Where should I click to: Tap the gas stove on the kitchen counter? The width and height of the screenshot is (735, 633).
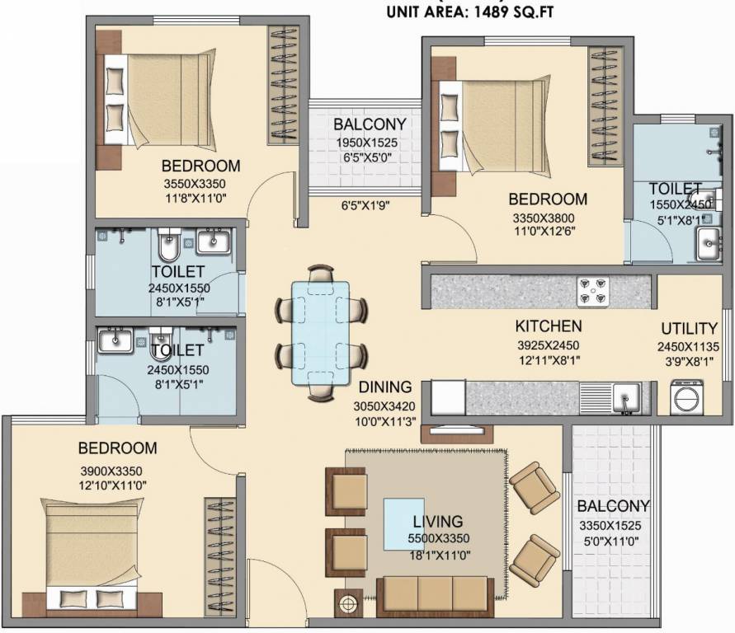(x=592, y=291)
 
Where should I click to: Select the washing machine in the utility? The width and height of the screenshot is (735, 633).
(x=687, y=397)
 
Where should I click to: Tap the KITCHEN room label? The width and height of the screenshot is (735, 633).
(x=549, y=326)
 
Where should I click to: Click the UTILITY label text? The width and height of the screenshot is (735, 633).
(x=688, y=329)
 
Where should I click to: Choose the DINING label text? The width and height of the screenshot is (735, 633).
(x=385, y=387)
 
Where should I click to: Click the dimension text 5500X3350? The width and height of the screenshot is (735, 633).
(x=439, y=540)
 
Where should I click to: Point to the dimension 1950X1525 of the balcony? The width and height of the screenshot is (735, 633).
(x=370, y=143)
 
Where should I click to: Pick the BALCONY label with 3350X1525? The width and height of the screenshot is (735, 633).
(x=613, y=506)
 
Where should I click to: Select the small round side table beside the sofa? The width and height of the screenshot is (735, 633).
(x=348, y=603)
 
